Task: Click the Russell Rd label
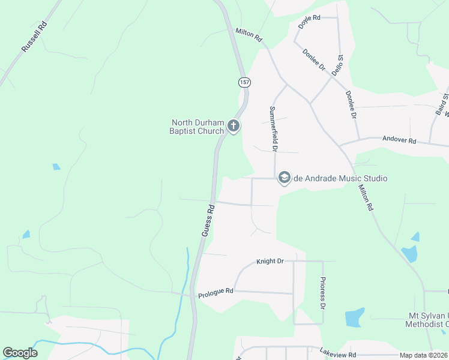click(x=34, y=37)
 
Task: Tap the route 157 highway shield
click(x=243, y=82)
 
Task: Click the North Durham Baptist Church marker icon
click(x=234, y=127)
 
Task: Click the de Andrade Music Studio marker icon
click(x=284, y=178)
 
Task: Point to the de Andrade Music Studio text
click(x=340, y=178)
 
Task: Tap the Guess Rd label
click(x=208, y=221)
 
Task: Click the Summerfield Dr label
click(x=273, y=128)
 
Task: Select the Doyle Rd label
click(x=309, y=22)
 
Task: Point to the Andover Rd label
click(x=399, y=140)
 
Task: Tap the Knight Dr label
click(x=270, y=262)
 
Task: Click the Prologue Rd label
click(x=215, y=292)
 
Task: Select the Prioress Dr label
click(x=322, y=293)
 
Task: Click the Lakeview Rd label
click(x=338, y=354)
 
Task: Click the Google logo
click(x=20, y=353)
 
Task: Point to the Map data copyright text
click(x=423, y=355)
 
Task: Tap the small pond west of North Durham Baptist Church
click(x=56, y=167)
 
